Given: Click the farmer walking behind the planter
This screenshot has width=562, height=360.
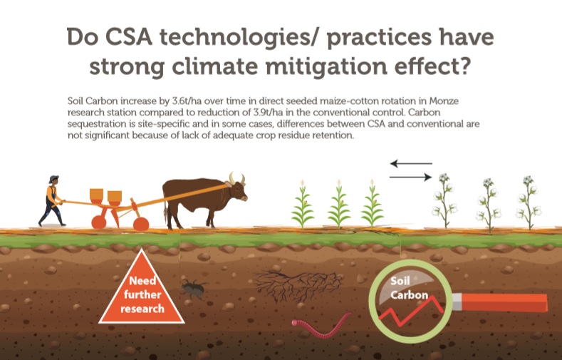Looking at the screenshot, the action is click(53, 201).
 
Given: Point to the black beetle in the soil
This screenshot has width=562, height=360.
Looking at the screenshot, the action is click(194, 288).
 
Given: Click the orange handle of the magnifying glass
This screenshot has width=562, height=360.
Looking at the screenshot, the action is click(501, 302).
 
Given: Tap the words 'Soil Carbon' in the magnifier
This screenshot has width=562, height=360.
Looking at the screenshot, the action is click(409, 288).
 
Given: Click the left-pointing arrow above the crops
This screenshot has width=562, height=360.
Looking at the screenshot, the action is click(411, 164).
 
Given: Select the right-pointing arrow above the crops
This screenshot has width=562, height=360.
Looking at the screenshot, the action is click(411, 177).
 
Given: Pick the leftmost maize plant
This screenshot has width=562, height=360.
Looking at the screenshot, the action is click(303, 205).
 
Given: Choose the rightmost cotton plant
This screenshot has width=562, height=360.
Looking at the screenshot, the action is click(529, 202).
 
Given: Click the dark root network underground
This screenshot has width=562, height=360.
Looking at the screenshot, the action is click(298, 286).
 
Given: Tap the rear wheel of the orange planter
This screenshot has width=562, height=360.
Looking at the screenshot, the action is click(98, 222).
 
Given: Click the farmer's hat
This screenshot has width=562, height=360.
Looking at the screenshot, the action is click(53, 178).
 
